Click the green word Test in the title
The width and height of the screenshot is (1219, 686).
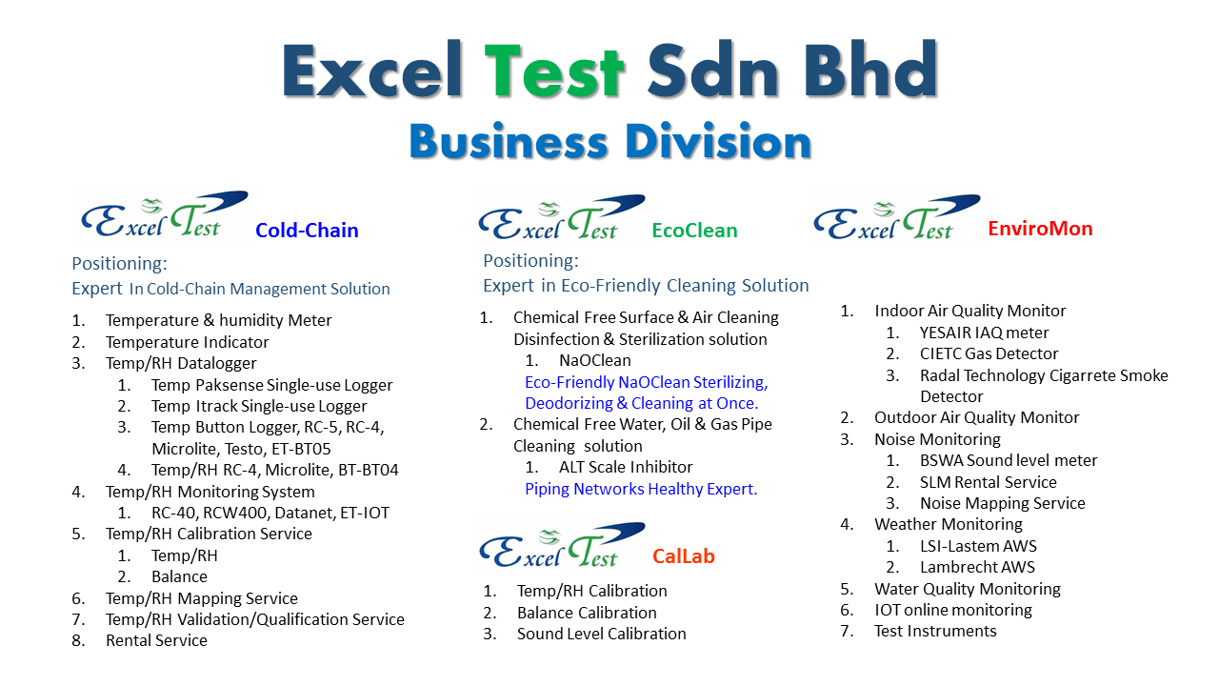click(554, 71)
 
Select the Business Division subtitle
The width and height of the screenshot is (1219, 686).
click(610, 142)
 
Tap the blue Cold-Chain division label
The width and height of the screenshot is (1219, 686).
click(307, 231)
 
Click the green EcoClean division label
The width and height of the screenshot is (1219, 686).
click(694, 231)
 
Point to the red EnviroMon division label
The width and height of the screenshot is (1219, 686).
click(1040, 228)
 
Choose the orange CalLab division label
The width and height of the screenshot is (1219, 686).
click(684, 555)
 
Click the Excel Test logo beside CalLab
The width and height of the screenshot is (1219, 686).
click(562, 547)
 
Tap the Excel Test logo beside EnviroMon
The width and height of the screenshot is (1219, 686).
click(897, 218)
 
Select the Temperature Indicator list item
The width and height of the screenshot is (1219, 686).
click(188, 342)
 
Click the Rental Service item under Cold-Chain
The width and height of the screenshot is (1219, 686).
click(156, 640)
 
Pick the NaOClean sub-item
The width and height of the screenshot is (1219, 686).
click(595, 360)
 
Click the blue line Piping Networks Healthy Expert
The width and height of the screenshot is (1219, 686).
click(641, 489)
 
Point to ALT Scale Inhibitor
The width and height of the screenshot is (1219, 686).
click(626, 467)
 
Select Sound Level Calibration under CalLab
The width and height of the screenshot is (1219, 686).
click(601, 634)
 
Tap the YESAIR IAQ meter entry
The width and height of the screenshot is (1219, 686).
click(984, 333)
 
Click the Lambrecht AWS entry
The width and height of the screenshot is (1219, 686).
click(977, 567)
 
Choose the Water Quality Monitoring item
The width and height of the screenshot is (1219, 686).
click(967, 589)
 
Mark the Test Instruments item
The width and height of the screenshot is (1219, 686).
click(935, 631)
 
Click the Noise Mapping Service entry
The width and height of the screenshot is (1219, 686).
click(1003, 503)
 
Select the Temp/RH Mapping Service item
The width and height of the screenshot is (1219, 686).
click(201, 598)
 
